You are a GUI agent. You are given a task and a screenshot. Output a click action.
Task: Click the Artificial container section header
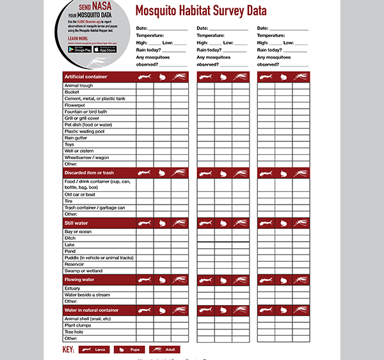(x=85, y=77)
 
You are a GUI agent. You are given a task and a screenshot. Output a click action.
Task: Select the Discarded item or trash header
(x=89, y=173)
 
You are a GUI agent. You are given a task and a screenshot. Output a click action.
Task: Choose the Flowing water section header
(x=79, y=279)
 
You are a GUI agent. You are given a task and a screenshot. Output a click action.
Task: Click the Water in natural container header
(x=91, y=310)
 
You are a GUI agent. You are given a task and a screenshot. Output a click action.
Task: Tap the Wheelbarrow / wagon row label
(x=87, y=157)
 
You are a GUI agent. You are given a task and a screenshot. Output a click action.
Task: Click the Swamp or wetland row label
(x=84, y=271)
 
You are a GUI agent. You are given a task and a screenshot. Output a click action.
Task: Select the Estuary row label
(x=72, y=288)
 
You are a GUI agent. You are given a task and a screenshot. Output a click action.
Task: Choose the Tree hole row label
(x=74, y=332)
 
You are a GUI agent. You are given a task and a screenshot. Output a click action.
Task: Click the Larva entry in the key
(x=94, y=350)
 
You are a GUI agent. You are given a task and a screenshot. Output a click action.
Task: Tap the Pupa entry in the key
(x=129, y=350)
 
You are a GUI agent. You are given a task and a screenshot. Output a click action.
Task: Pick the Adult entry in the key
(x=164, y=350)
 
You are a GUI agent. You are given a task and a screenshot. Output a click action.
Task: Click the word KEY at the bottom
(x=68, y=350)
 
